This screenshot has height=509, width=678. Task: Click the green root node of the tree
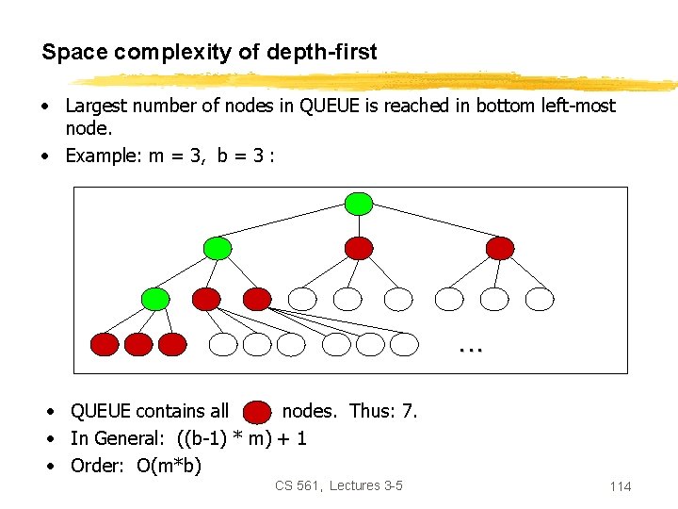[359, 203]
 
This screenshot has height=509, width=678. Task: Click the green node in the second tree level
[218, 248]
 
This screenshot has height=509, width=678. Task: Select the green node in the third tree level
[155, 300]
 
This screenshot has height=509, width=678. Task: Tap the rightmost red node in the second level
[500, 248]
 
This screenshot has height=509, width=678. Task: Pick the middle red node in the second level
[359, 248]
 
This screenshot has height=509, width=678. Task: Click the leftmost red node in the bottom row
[105, 345]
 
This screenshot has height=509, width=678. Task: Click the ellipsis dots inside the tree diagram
[471, 348]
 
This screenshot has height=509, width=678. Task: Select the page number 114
[620, 486]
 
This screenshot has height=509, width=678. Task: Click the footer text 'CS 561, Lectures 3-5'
[339, 485]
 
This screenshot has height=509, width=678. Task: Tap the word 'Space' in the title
[74, 53]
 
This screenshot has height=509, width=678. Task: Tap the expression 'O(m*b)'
[169, 466]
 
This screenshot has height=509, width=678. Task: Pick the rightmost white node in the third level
[540, 300]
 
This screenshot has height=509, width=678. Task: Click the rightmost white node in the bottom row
[404, 345]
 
